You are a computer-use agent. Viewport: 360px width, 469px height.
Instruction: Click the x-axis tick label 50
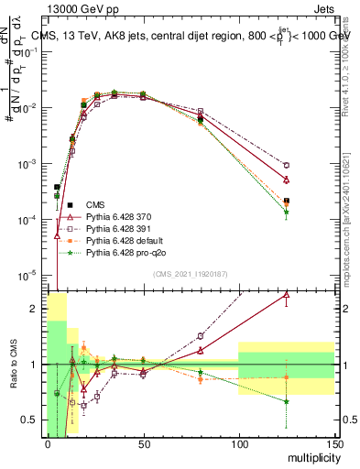click(143, 442)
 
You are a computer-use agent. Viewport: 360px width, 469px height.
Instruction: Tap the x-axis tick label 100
click(238, 442)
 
